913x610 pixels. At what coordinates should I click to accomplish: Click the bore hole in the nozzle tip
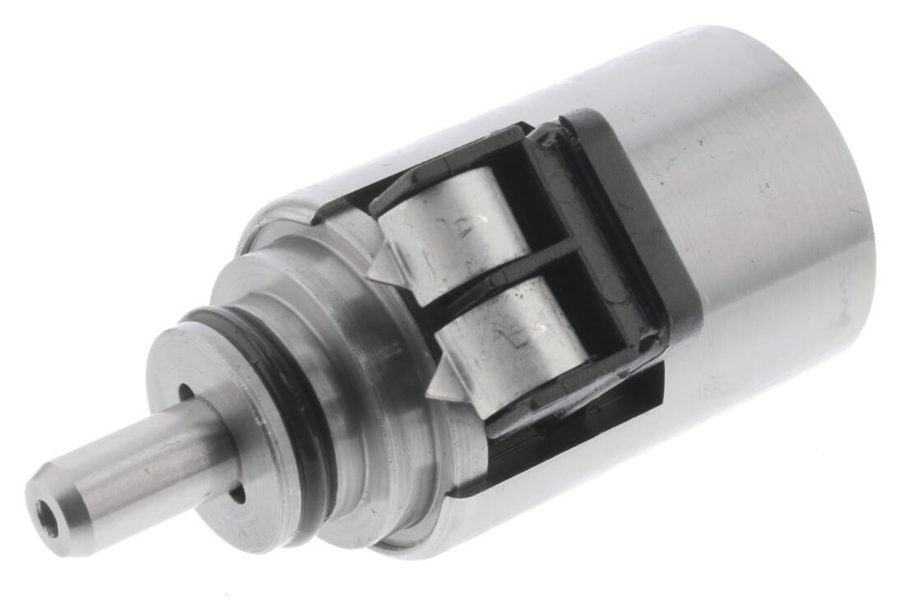pos(48,520)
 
